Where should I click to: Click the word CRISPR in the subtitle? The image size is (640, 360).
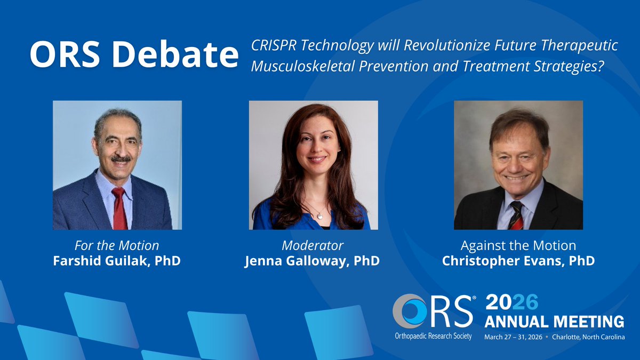point(271,46)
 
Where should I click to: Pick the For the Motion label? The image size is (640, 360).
point(117,246)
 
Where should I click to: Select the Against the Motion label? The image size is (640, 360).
point(518,246)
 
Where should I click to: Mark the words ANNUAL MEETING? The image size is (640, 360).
point(554,322)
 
